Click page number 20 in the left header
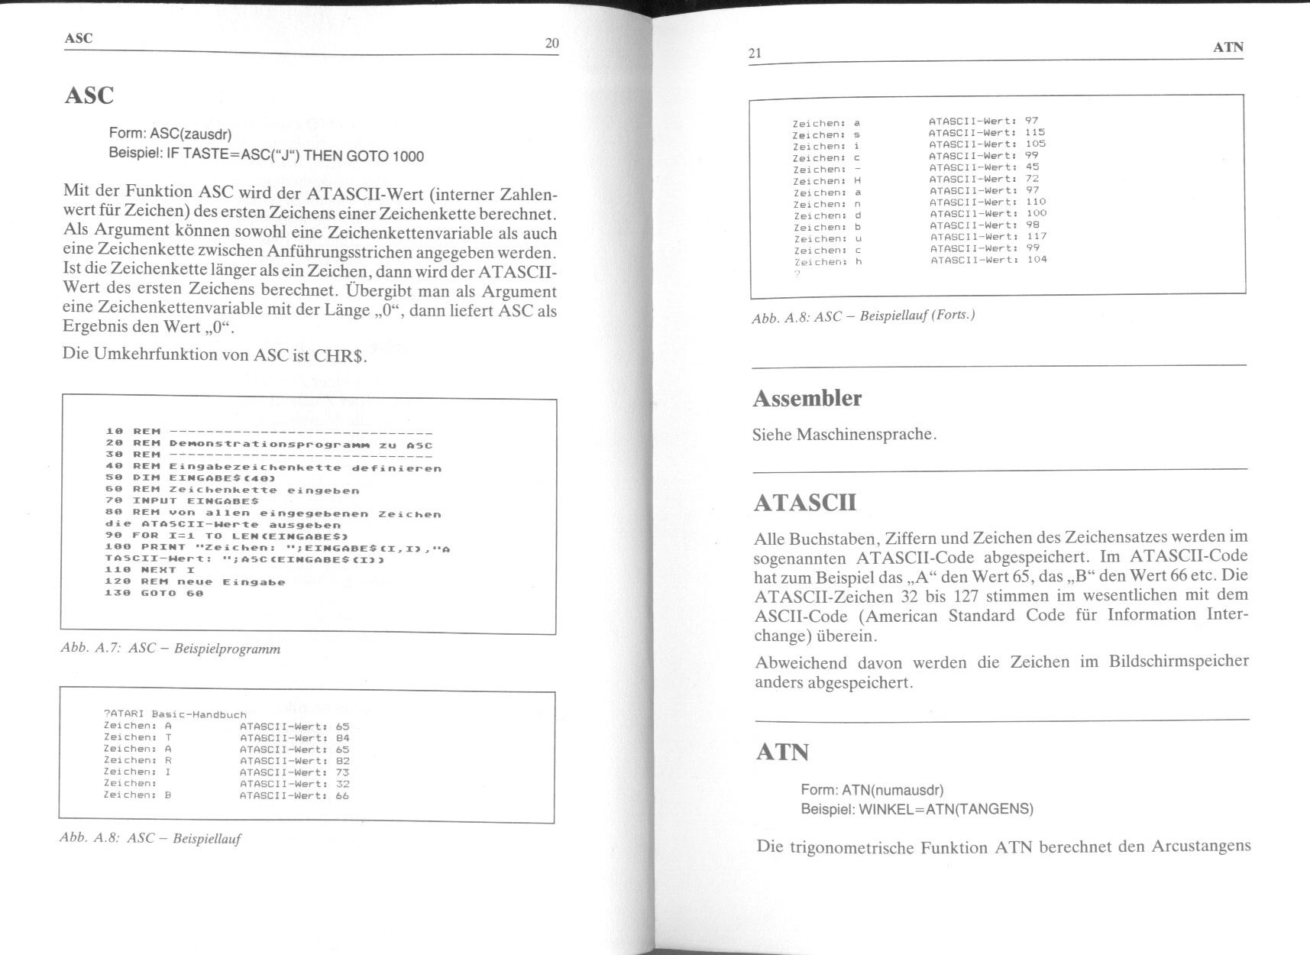(x=551, y=44)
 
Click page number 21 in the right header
(x=755, y=53)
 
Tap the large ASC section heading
(x=89, y=95)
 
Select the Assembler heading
(x=807, y=399)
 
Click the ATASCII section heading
(x=804, y=503)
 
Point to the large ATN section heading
(x=782, y=753)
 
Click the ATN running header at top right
(x=1228, y=47)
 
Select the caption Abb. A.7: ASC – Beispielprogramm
(x=170, y=649)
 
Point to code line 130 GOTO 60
(x=154, y=593)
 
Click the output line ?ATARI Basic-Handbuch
(x=175, y=714)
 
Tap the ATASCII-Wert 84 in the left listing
(x=342, y=737)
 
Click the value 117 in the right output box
(x=1037, y=236)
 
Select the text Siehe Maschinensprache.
(x=844, y=435)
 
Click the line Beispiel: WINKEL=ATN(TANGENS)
(x=917, y=809)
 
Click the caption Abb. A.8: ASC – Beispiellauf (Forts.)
(x=863, y=316)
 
